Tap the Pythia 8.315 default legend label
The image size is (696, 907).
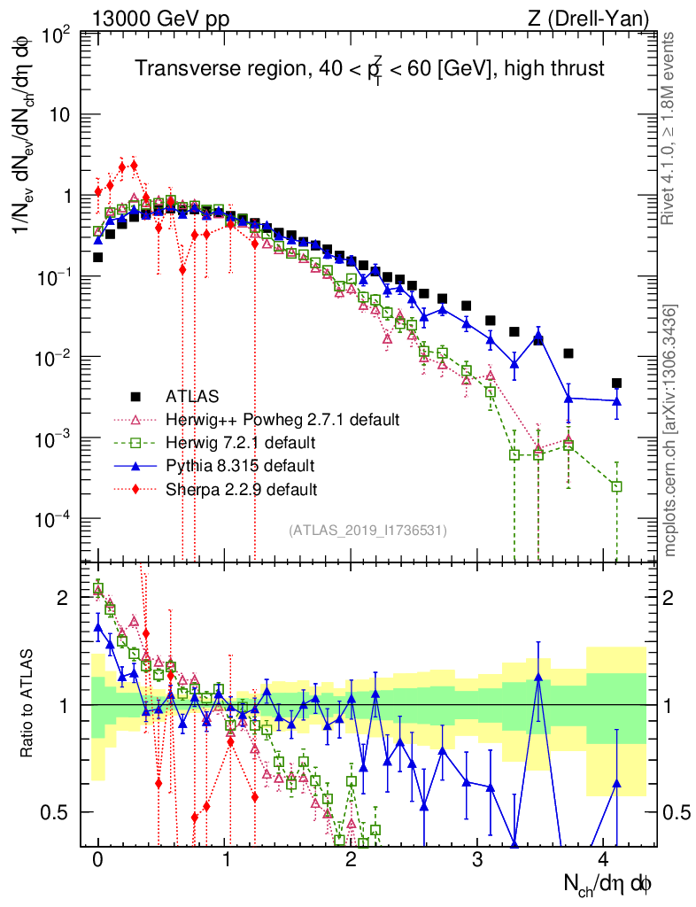click(x=240, y=465)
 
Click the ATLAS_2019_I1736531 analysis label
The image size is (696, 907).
click(x=367, y=530)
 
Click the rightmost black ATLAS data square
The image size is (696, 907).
click(x=616, y=384)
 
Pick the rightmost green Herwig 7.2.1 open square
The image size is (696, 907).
click(x=616, y=486)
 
